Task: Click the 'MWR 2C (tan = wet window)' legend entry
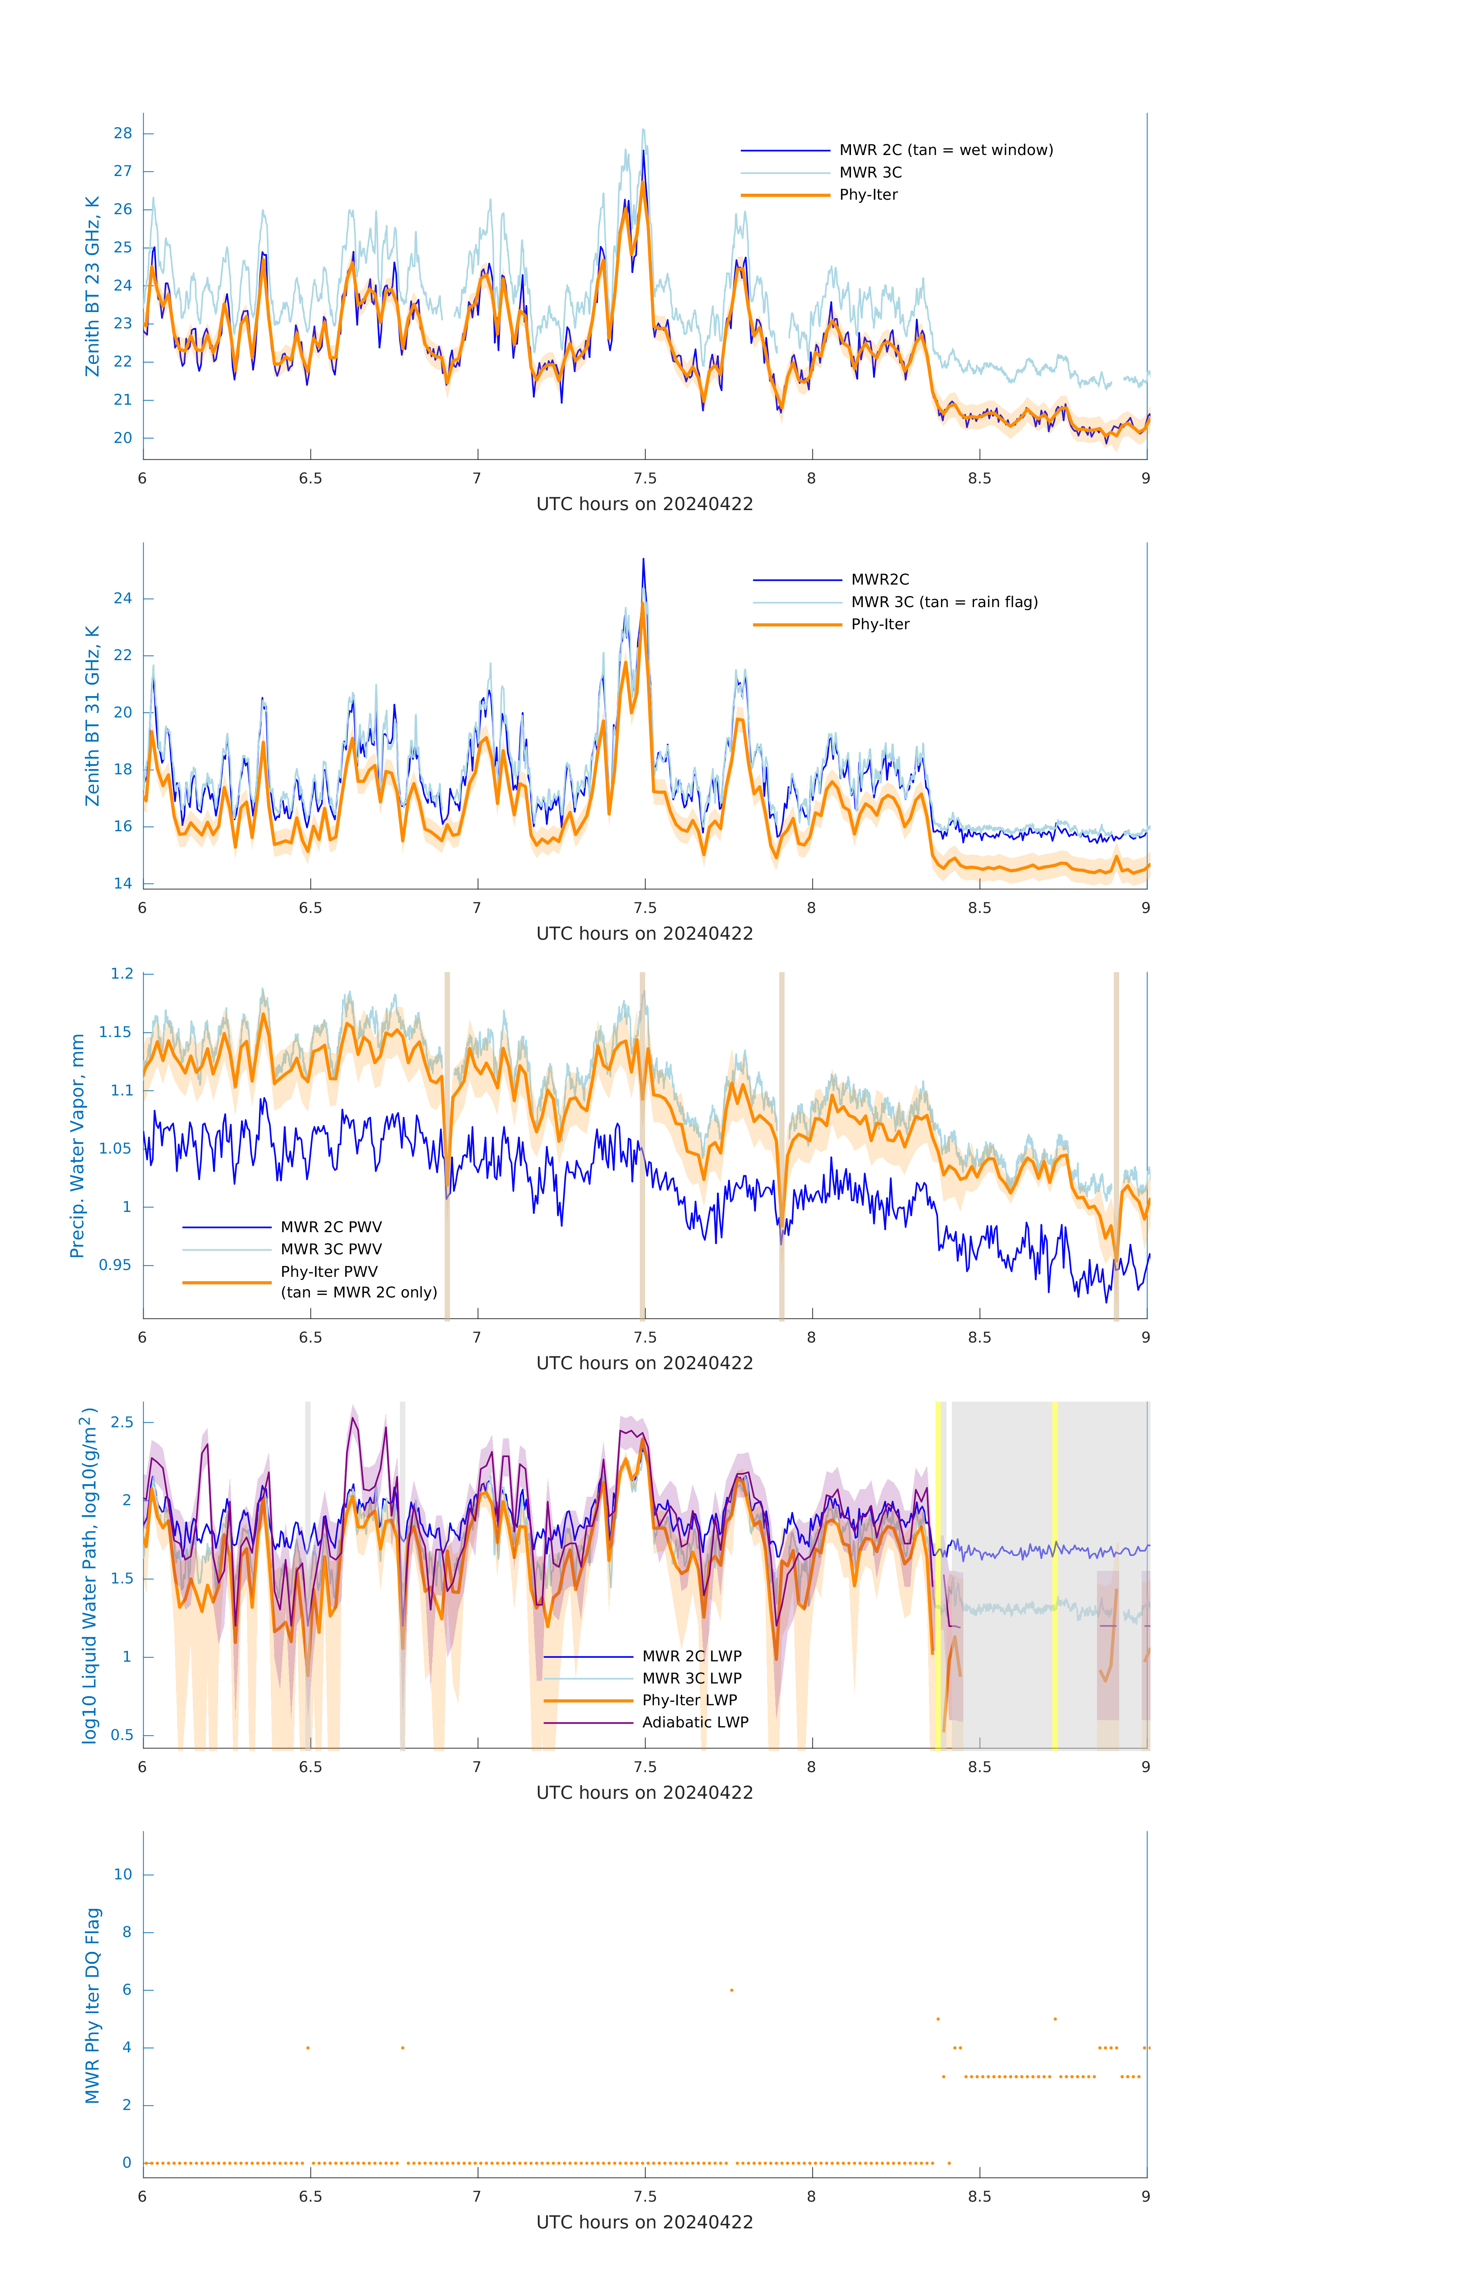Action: point(945,150)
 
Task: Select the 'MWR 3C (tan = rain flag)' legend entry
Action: point(943,602)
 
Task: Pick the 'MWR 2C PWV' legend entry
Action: point(330,1227)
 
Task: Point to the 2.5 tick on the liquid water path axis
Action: point(122,1422)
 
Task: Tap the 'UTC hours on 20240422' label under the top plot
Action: point(644,504)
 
